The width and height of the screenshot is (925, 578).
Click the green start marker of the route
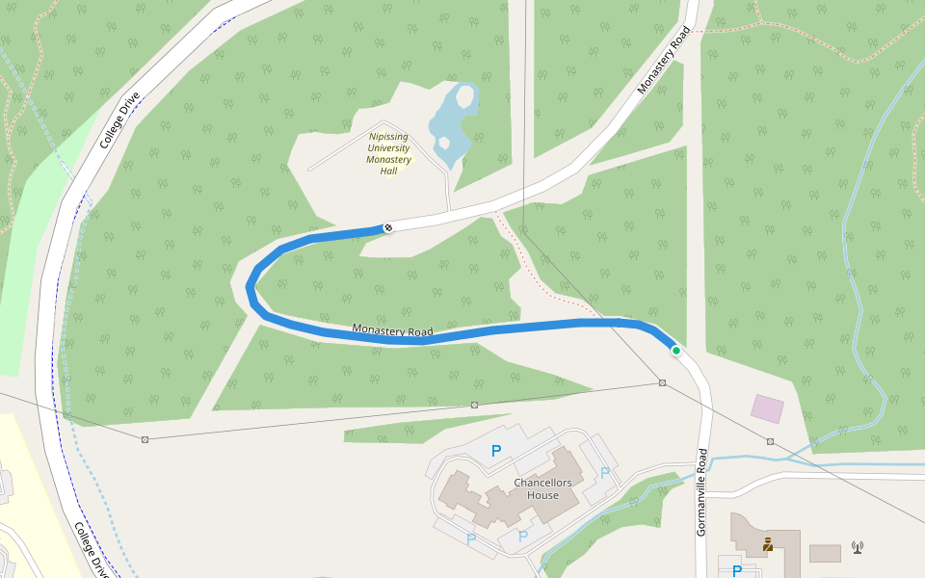point(676,351)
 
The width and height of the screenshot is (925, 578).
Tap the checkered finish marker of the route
point(388,227)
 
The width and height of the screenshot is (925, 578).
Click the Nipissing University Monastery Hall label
point(389,154)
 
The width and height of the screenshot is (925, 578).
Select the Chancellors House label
point(542,488)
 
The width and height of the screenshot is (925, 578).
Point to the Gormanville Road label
point(701,491)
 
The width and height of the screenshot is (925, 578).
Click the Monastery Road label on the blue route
point(392,330)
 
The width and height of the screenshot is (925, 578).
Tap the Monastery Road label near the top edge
point(664,60)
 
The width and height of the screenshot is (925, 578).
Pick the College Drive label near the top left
point(120,119)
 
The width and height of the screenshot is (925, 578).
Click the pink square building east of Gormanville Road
point(768,408)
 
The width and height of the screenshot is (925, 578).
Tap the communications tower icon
point(857,547)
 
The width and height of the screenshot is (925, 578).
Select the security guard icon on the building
point(768,545)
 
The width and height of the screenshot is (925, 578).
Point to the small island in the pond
point(465,96)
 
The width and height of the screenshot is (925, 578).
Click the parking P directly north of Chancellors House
point(496,450)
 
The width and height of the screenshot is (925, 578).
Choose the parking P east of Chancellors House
point(605,472)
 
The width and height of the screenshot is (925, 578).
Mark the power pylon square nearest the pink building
point(771,441)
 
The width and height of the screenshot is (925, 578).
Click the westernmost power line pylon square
point(145,439)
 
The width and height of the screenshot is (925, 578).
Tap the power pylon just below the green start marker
point(662,383)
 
